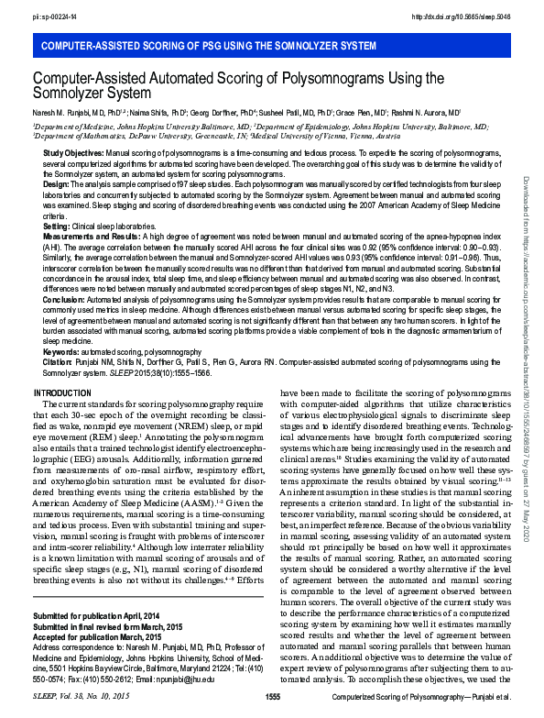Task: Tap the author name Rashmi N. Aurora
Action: [431, 112]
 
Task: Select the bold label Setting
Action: [57, 226]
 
